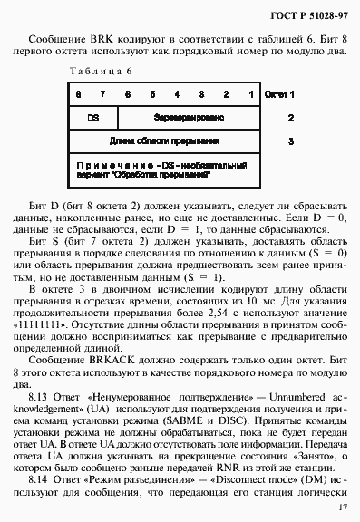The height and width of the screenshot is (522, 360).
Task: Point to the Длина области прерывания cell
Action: tap(165, 141)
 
